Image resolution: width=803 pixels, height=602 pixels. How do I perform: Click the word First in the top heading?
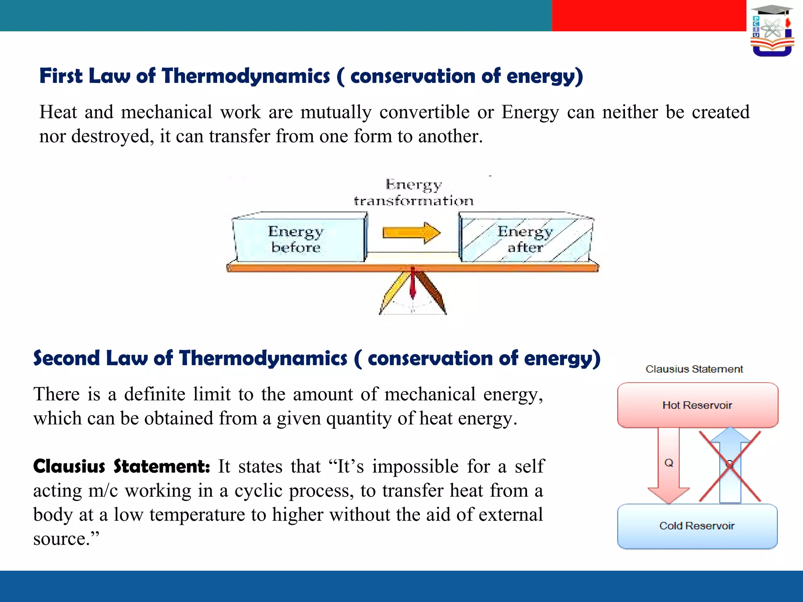pos(61,76)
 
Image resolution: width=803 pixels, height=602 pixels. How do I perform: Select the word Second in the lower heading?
pos(66,358)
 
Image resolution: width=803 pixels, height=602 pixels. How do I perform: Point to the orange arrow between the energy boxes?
pos(411,232)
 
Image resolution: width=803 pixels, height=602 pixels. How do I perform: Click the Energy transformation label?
pos(414,192)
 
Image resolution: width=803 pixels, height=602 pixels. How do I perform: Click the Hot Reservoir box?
pos(697,405)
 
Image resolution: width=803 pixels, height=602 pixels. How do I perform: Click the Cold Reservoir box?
pos(697,526)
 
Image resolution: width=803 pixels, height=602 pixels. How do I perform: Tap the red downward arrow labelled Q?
pos(669,466)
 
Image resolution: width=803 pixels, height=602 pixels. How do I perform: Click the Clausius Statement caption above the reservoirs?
pos(694,369)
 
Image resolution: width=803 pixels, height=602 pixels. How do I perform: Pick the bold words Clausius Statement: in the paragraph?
pos(121,466)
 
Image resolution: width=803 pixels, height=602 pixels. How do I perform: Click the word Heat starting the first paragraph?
pos(58,112)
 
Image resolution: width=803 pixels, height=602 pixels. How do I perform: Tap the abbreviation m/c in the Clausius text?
pos(103,491)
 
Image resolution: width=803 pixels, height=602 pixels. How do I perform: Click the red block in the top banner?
pos(649,15)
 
